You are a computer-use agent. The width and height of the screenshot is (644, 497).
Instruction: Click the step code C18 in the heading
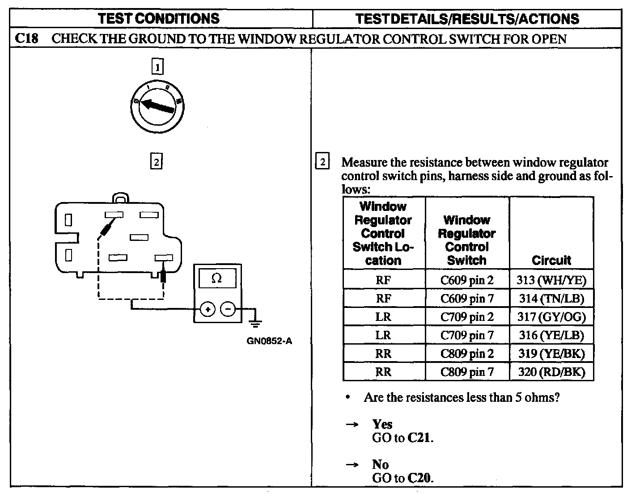tap(25, 38)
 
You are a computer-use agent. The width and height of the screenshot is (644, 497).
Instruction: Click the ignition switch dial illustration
tap(158, 107)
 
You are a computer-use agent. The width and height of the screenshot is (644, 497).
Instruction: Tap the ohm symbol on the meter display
tap(216, 278)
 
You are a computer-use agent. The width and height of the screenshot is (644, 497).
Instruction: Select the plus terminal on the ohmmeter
tap(208, 309)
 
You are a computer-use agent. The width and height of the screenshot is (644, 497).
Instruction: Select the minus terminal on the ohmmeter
tap(229, 309)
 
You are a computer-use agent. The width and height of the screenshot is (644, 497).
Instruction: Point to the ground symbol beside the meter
tap(256, 322)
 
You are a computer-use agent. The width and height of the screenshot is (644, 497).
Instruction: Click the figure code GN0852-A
tap(269, 341)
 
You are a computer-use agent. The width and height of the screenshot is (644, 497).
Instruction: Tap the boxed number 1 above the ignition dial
tap(157, 67)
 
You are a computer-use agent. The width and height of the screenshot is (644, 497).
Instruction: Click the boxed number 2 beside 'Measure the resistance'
tap(322, 161)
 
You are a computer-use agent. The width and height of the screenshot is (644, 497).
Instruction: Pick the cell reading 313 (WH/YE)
tap(551, 280)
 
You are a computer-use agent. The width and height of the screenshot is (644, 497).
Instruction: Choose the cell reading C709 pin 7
tap(467, 335)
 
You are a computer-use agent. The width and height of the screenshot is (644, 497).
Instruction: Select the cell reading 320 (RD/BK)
tap(551, 372)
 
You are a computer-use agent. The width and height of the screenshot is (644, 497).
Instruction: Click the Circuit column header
tap(551, 260)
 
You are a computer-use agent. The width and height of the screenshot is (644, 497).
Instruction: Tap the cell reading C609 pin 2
tap(467, 280)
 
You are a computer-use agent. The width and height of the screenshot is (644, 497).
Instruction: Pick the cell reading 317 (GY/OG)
tap(551, 317)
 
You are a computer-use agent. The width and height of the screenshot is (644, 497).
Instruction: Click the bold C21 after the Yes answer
tap(420, 438)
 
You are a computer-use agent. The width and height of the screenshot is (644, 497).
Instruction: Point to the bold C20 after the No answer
tap(420, 478)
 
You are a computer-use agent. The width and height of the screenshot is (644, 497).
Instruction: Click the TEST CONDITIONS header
tap(159, 18)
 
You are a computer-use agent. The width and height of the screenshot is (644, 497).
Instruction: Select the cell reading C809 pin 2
tap(467, 354)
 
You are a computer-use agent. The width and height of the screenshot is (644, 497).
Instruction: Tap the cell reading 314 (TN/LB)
tap(551, 299)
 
